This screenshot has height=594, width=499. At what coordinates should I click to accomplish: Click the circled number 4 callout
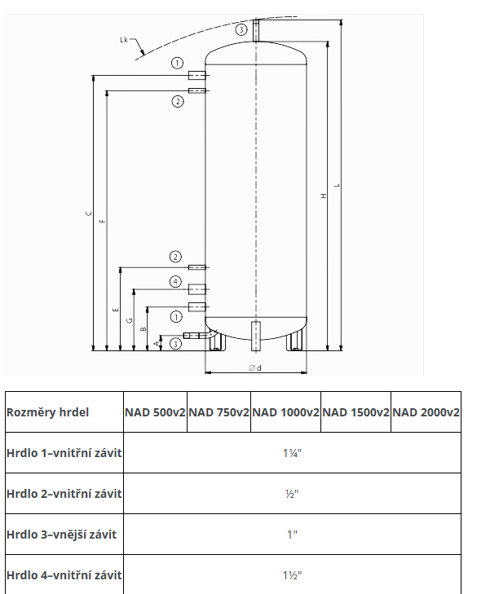175,281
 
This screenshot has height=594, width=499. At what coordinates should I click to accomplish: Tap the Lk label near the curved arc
124,40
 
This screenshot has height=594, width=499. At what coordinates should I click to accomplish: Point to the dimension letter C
89,213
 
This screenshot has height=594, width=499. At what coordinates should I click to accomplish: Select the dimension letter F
103,221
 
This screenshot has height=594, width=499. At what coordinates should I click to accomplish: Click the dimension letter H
324,196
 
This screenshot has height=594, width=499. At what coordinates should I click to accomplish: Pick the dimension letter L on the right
337,185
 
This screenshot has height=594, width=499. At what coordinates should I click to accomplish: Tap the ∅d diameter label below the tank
255,367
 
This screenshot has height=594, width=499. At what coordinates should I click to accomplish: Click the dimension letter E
116,310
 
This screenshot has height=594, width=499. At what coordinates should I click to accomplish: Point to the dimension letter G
130,320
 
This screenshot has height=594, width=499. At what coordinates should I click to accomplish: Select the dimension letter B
144,329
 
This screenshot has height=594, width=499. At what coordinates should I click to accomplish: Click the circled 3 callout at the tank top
241,29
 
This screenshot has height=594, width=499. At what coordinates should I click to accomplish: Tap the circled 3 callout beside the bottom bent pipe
175,344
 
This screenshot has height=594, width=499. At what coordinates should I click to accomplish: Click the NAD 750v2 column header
219,412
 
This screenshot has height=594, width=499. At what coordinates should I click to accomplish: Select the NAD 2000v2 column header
426,412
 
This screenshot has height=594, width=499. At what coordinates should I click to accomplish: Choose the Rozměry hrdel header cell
48,412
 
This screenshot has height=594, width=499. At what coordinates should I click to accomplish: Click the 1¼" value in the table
292,453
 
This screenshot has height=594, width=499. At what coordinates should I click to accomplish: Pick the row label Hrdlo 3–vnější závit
61,535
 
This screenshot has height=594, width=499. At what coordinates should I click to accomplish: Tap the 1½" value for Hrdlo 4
292,575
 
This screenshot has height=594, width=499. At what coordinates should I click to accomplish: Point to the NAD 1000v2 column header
285,412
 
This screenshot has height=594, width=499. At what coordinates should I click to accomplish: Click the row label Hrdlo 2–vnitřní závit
64,494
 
